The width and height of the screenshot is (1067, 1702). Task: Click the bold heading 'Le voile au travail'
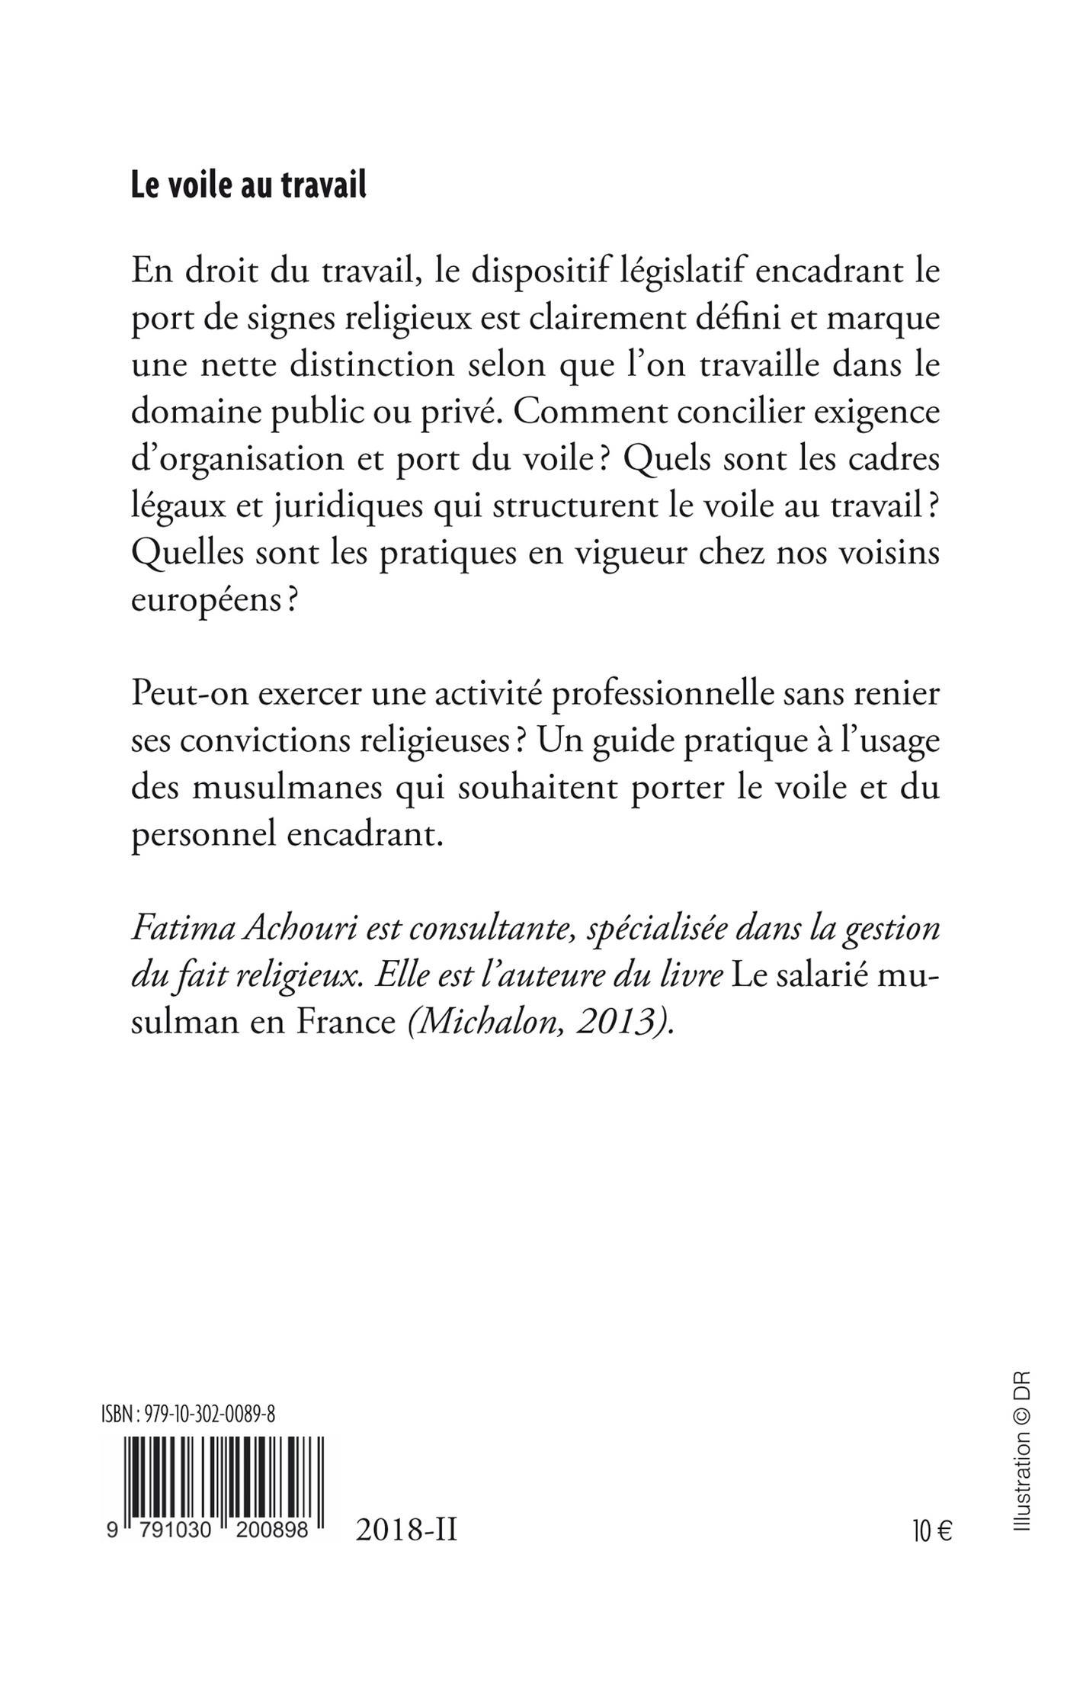(x=248, y=185)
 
